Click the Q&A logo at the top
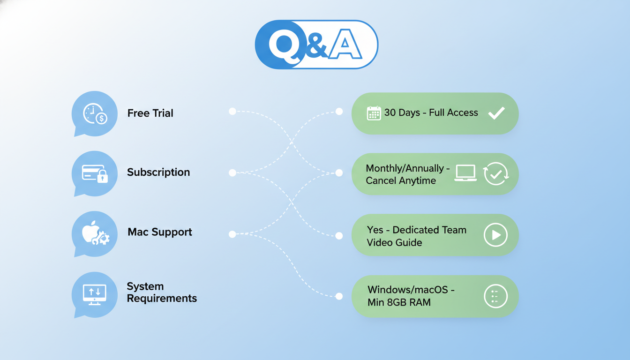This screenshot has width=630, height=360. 316,45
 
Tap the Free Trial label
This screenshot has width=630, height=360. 150,113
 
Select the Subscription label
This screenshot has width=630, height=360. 158,172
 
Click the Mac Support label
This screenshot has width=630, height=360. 160,232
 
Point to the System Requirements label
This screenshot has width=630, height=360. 162,292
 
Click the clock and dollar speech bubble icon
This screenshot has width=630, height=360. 95,114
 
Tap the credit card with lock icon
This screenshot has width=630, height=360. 95,173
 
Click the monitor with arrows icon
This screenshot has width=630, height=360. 94,294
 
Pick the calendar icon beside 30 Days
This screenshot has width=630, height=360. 374,113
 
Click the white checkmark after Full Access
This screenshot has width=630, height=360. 496,113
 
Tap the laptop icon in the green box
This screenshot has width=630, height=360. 465,173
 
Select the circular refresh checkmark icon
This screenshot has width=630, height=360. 495,173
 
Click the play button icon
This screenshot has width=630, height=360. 495,235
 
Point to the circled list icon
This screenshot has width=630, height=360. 495,296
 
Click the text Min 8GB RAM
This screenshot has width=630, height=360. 399,302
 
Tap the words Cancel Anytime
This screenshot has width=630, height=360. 401,180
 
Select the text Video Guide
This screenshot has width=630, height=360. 394,242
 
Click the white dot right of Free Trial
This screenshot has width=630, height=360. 232,111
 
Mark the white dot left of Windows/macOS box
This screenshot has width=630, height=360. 339,296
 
